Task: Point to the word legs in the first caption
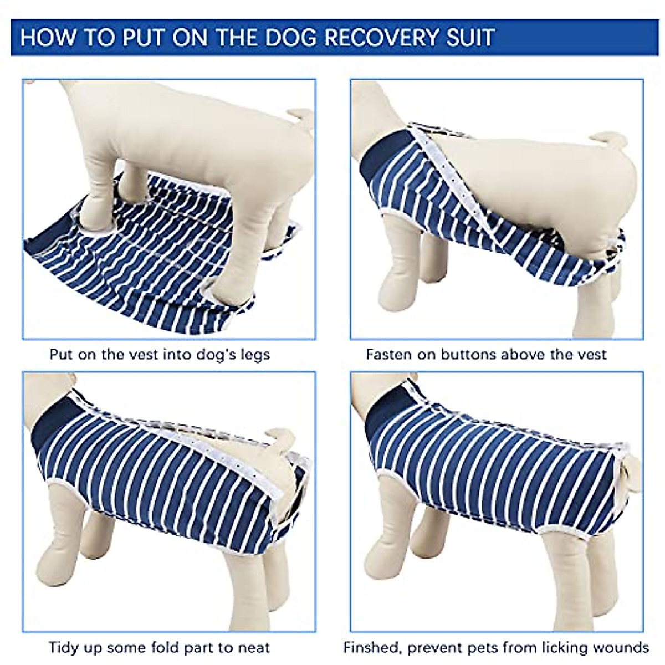[254, 355]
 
